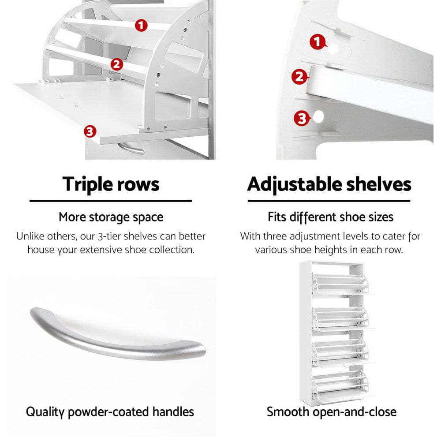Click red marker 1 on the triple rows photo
tap(141, 25)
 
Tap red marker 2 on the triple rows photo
tap(117, 64)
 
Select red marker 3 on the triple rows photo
tap(90, 131)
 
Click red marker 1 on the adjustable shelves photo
tap(318, 42)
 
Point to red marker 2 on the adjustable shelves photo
tap(299, 77)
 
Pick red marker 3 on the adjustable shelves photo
tap(302, 118)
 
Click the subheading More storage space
tap(111, 217)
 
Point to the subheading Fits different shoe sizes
tap(330, 217)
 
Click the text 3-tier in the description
tap(109, 236)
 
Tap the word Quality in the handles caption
tap(45, 412)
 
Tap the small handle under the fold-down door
tap(131, 148)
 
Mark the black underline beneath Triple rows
tap(111, 201)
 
